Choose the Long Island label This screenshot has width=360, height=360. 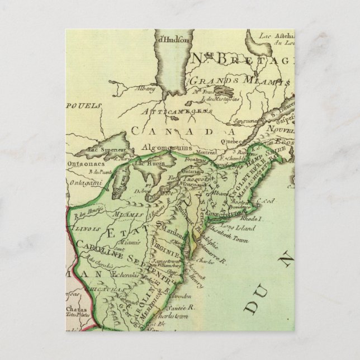241,228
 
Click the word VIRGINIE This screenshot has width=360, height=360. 167,244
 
